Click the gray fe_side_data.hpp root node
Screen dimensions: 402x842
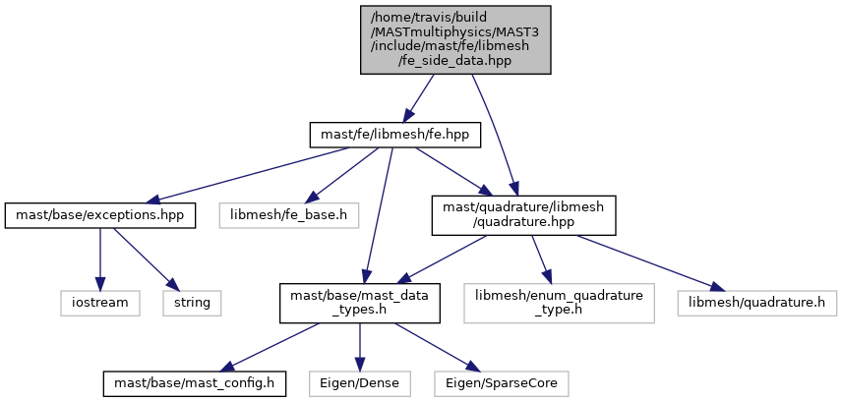(x=455, y=38)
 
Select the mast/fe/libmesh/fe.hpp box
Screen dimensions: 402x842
(x=394, y=134)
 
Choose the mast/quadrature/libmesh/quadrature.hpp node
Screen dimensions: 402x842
(x=523, y=214)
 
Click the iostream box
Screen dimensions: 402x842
(x=98, y=302)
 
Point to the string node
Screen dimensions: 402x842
(x=192, y=302)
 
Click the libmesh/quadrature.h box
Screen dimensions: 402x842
(x=756, y=302)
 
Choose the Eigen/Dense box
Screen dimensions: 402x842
(x=359, y=380)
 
